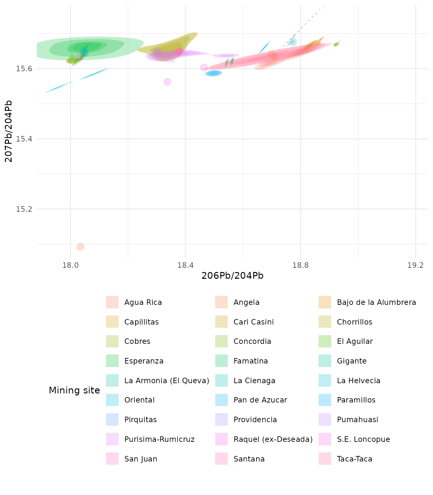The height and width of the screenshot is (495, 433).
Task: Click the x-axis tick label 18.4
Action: pyautogui.click(x=186, y=266)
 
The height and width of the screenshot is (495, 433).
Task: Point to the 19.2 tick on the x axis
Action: pyautogui.click(x=416, y=266)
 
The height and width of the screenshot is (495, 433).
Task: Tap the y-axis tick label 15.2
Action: pyautogui.click(x=24, y=209)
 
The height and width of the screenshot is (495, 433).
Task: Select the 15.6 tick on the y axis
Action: pyautogui.click(x=24, y=69)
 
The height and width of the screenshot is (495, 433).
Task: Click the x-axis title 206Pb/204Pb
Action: pyautogui.click(x=232, y=276)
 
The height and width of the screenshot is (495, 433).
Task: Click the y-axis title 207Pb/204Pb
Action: pyautogui.click(x=9, y=131)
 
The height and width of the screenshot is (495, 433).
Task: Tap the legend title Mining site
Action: pyautogui.click(x=74, y=391)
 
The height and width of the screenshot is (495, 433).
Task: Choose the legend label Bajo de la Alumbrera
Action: pyautogui.click(x=376, y=303)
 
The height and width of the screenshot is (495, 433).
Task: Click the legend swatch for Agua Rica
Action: pyautogui.click(x=112, y=302)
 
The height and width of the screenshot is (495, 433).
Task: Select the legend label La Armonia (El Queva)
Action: pyautogui.click(x=167, y=381)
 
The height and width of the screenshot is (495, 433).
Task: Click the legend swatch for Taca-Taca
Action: pyautogui.click(x=325, y=459)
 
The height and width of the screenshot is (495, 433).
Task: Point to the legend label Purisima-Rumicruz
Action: pyautogui.click(x=159, y=440)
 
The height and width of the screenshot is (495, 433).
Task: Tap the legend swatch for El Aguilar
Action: pyautogui.click(x=325, y=342)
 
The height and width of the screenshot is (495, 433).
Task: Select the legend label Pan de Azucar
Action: pyautogui.click(x=260, y=400)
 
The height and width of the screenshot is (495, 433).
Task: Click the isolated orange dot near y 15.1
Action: pyautogui.click(x=81, y=247)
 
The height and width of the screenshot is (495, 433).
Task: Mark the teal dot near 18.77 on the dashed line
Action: pyautogui.click(x=293, y=42)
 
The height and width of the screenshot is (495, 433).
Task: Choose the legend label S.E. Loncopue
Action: pyautogui.click(x=363, y=440)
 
